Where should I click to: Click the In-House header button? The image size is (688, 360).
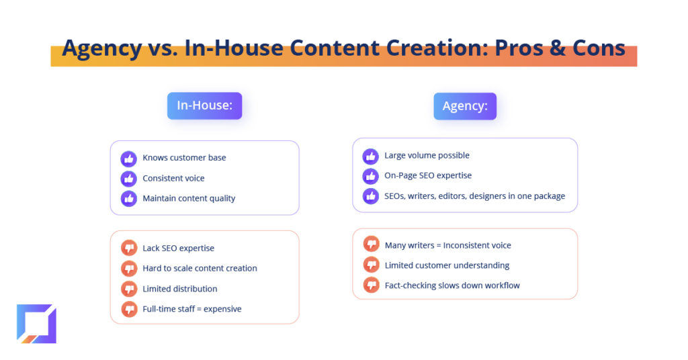coord(204,105)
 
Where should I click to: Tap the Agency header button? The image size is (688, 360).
coord(465,106)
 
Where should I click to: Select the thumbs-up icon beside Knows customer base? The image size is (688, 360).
coord(128,159)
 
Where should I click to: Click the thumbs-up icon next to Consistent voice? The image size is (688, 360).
coord(128,179)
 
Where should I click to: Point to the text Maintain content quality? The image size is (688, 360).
coord(189,199)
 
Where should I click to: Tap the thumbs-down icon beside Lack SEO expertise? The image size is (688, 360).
coord(129,249)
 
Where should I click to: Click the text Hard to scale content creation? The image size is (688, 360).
coord(200,269)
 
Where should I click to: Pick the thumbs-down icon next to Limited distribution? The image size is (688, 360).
coord(129,289)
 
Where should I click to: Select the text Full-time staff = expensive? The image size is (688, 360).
coord(191,309)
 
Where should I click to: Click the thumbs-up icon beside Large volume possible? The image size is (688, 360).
coord(371,156)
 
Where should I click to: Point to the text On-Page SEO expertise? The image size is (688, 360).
coord(428,175)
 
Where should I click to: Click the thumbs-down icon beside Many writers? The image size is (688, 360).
coord(371,243)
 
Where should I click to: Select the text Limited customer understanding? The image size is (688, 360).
coord(447,265)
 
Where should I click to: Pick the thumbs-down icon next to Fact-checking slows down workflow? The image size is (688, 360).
coord(371,285)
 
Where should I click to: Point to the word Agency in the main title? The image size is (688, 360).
coord(102,48)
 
